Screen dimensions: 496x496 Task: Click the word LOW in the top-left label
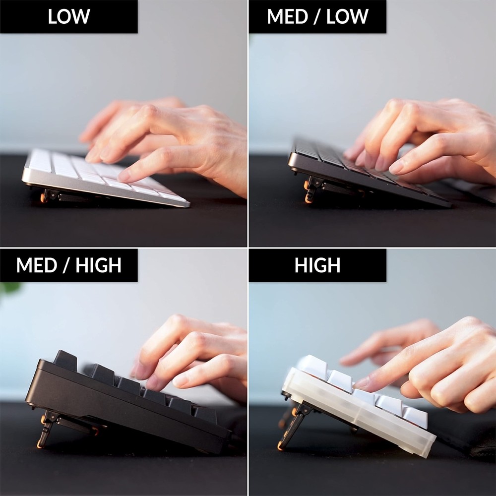click(69, 16)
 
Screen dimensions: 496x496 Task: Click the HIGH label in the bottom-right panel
click(317, 265)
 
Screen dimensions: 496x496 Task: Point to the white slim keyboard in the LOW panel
click(99, 176)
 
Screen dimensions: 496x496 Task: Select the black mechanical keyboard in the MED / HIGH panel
click(124, 402)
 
